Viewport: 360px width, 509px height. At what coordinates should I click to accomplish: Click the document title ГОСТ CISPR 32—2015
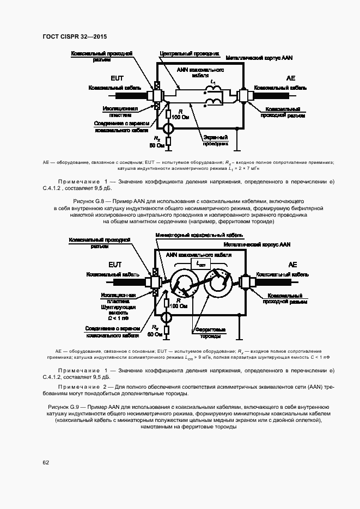click(x=74, y=37)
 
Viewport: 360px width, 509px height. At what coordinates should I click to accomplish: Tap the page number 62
click(x=46, y=462)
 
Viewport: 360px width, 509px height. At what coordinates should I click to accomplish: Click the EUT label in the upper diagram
click(x=117, y=78)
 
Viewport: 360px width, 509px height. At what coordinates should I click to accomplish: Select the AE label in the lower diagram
click(x=292, y=265)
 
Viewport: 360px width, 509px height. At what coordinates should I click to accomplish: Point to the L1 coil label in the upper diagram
click(x=213, y=83)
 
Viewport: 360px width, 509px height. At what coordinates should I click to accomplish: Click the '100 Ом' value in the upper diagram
click(x=180, y=117)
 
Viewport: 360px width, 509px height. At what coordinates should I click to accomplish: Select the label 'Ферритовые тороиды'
click(x=209, y=333)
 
